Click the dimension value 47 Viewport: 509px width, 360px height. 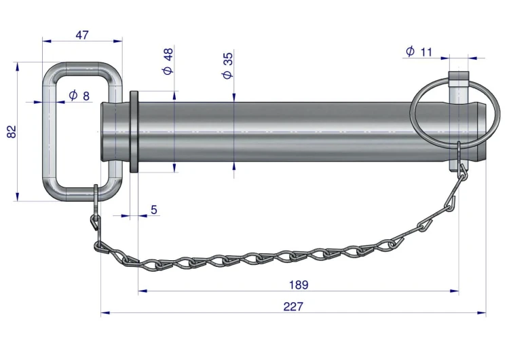[82, 35]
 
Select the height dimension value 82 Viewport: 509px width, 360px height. [12, 132]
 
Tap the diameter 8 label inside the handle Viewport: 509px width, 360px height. [79, 96]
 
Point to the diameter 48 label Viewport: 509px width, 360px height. [168, 61]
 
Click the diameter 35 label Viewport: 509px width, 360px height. [228, 65]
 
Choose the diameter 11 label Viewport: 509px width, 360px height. [419, 52]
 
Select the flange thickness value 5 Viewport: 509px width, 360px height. [154, 210]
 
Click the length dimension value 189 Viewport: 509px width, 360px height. [299, 285]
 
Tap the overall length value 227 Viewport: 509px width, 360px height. [293, 306]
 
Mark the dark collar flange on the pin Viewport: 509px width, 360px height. [134, 132]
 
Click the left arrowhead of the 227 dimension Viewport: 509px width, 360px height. [105, 313]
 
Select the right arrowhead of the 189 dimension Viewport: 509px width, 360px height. [455, 291]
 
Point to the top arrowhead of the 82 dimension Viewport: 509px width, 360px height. [18, 67]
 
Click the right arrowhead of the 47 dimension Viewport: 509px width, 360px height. [118, 41]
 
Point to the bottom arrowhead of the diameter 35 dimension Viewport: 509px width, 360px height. [234, 166]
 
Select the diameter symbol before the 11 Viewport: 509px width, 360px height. [411, 52]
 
